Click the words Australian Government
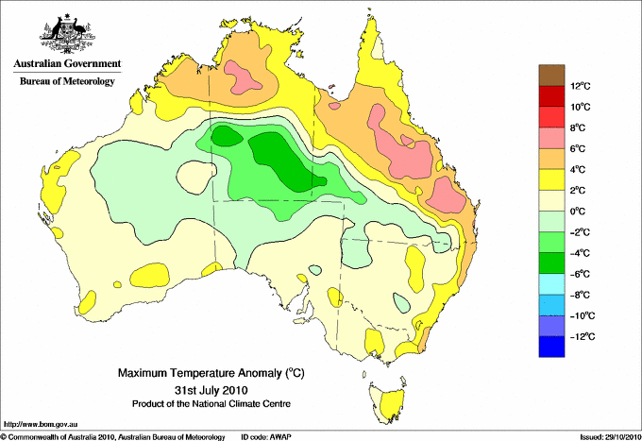(x=66, y=64)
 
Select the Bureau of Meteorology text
(x=66, y=81)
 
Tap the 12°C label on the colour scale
(x=580, y=86)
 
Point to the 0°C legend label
(x=579, y=212)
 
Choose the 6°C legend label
(x=579, y=149)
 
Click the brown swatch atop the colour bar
(x=550, y=76)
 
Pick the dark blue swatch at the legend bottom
(x=550, y=347)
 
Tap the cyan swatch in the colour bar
(x=550, y=284)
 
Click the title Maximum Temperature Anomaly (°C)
(x=211, y=374)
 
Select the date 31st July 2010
(x=211, y=389)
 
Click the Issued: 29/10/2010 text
(x=609, y=436)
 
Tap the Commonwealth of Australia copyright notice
(x=113, y=436)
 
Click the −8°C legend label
(x=579, y=295)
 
